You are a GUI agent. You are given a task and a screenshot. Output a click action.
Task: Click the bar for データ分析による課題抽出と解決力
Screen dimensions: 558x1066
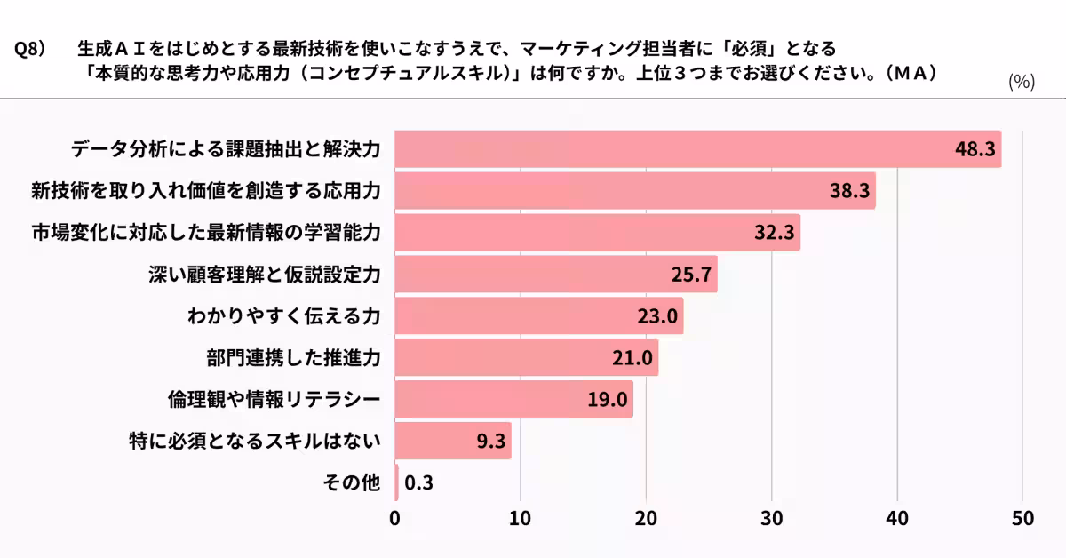click(x=697, y=149)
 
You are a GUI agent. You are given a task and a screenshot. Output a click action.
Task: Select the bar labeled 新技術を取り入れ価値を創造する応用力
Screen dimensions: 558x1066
click(x=634, y=191)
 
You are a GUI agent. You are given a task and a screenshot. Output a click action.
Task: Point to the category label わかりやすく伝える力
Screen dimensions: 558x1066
click(x=283, y=316)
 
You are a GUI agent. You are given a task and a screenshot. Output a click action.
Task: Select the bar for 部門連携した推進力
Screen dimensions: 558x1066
click(x=526, y=357)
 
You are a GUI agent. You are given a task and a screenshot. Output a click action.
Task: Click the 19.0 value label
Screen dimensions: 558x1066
click(x=608, y=399)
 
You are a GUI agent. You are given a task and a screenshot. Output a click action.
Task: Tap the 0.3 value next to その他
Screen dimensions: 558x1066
click(x=418, y=482)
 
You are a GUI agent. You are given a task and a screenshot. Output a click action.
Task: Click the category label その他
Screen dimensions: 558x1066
click(x=352, y=482)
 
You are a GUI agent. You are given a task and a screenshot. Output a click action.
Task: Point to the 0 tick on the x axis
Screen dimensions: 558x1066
click(x=395, y=518)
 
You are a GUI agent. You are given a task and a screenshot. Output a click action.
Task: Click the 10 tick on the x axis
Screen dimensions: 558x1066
click(x=521, y=518)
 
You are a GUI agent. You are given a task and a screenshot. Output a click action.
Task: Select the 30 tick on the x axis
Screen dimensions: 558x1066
click(x=771, y=518)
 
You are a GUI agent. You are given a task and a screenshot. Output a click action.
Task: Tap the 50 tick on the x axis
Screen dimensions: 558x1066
click(x=1022, y=518)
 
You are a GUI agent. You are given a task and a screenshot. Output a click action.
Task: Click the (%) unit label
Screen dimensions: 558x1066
click(x=1022, y=82)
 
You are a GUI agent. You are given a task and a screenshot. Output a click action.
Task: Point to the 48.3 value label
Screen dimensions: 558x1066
click(x=975, y=149)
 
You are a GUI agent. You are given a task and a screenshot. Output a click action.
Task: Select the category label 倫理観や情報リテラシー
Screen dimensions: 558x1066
click(x=274, y=399)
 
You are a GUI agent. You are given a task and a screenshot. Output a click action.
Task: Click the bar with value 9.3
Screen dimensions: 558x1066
click(x=453, y=441)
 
